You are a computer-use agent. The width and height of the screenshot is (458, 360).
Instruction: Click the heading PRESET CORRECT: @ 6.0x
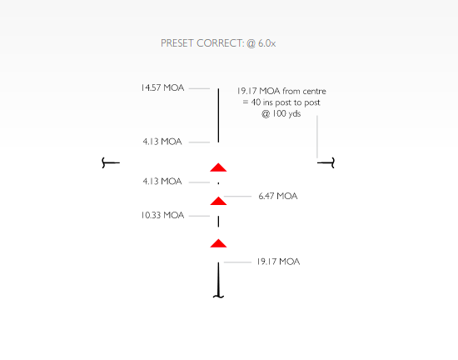tap(218, 43)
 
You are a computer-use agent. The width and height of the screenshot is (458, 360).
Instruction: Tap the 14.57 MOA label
tap(162, 87)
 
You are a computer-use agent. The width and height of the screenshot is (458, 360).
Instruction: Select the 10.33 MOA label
tap(162, 215)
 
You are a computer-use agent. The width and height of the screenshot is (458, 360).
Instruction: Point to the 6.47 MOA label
tap(278, 196)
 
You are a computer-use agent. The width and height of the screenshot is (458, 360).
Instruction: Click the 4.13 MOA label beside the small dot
tap(162, 182)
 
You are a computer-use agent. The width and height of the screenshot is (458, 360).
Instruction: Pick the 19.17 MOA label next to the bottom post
tap(278, 262)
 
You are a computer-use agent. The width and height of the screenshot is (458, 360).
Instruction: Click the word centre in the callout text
tap(314, 91)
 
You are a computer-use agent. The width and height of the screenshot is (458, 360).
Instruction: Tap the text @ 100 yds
tap(281, 113)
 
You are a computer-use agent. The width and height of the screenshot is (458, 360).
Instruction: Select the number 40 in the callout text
tap(256, 102)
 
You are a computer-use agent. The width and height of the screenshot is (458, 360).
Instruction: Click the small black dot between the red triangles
tap(218, 183)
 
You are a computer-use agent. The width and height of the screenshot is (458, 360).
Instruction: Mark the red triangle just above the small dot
tap(218, 167)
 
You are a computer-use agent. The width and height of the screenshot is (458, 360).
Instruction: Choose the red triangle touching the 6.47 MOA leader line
tap(218, 201)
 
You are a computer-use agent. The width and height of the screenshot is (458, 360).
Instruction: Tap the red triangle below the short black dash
tap(218, 243)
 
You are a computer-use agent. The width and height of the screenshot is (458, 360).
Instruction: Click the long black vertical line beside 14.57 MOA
tap(218, 116)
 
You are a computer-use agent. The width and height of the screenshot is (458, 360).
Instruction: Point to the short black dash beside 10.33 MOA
tap(218, 222)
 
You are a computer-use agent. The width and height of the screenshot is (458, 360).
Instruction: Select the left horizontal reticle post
tap(111, 162)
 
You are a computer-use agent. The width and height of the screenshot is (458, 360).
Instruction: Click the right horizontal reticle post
tap(326, 162)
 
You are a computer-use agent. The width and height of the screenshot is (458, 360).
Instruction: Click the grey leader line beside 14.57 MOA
tap(199, 88)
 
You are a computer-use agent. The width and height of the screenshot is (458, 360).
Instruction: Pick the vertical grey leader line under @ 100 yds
tap(317, 137)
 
